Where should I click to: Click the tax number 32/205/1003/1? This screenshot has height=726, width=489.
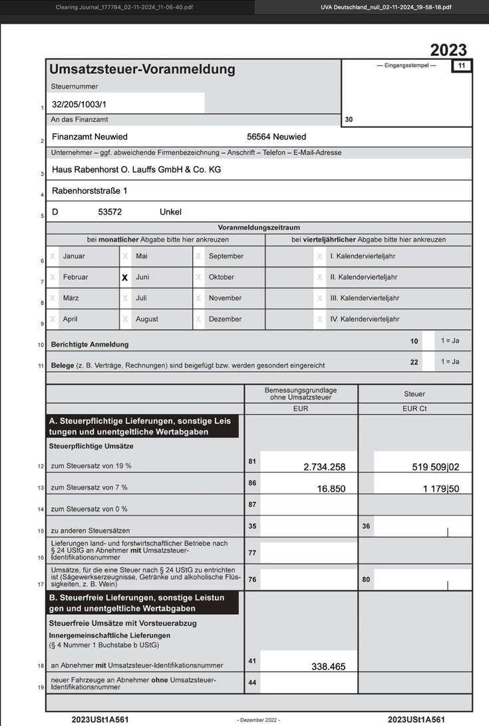click(x=79, y=104)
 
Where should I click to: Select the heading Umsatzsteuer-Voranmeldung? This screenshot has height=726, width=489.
click(x=142, y=69)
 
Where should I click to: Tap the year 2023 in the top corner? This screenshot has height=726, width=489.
click(x=448, y=51)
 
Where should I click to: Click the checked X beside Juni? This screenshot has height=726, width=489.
click(x=124, y=277)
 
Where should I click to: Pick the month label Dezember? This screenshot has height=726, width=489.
click(x=225, y=319)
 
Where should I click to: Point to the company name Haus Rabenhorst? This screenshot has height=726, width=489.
click(x=136, y=170)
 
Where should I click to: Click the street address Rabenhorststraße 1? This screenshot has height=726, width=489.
click(x=89, y=191)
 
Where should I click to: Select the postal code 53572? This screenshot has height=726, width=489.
click(x=110, y=212)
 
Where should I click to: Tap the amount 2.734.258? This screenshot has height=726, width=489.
click(x=324, y=467)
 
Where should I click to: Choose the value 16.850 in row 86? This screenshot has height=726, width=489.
click(x=331, y=488)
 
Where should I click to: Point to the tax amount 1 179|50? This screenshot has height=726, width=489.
click(x=441, y=488)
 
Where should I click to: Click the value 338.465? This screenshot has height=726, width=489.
click(x=328, y=666)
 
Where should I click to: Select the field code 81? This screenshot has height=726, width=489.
click(x=252, y=460)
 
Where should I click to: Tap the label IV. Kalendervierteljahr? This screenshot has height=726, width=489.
click(x=364, y=319)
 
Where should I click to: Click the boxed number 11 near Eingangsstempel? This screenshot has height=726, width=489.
click(x=461, y=65)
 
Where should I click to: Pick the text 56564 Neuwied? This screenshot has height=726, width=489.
click(x=276, y=137)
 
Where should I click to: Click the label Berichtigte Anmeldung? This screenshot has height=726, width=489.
click(x=90, y=345)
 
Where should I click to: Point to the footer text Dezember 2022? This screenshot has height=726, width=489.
click(x=258, y=720)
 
